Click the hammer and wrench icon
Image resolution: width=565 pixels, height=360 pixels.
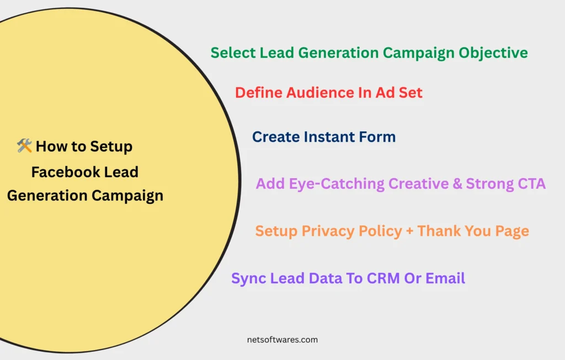coord(24,145)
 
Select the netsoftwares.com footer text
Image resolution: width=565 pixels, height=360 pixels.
coord(282,340)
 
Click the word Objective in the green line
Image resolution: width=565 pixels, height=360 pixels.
coord(493,53)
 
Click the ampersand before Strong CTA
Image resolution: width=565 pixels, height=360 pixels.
coord(457,184)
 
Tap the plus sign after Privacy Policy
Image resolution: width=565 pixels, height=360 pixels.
coord(409,231)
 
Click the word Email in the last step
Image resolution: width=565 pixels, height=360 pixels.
coord(445,278)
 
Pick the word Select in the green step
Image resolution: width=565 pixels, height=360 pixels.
coord(233,52)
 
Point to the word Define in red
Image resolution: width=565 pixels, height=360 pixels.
coord(258,93)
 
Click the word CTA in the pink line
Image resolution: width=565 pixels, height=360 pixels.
coord(531,184)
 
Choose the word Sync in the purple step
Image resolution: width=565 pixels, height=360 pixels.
coord(249,278)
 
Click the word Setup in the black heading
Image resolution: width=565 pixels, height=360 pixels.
coord(111,147)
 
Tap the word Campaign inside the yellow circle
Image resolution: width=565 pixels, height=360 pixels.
coord(127,196)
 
